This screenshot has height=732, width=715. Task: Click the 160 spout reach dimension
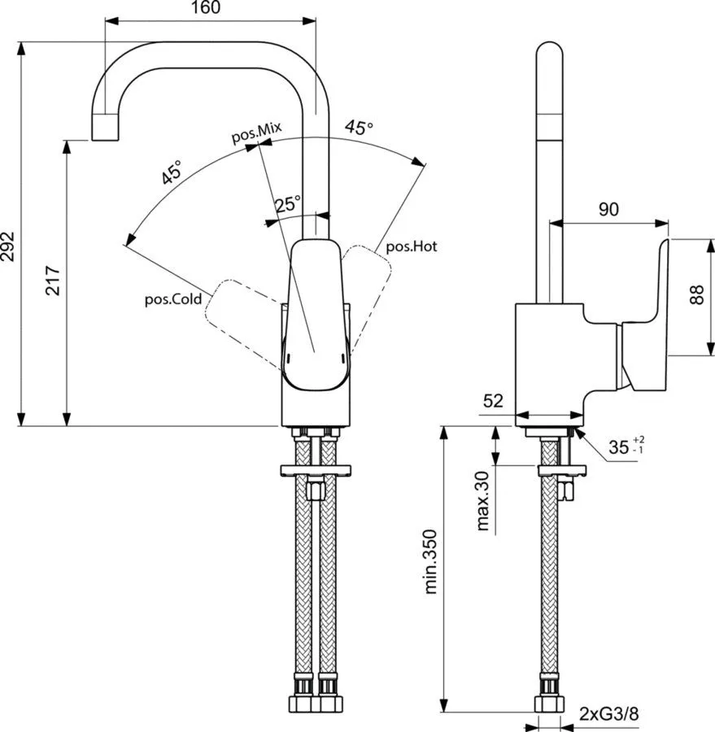[x=206, y=7]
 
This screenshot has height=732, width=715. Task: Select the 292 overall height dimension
[x=8, y=246]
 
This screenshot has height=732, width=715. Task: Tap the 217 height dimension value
[x=53, y=280]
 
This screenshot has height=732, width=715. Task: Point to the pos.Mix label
[x=256, y=133]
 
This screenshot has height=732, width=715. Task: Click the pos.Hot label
[x=412, y=246]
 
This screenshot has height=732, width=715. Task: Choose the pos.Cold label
[x=173, y=299]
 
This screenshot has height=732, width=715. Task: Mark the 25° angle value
[x=288, y=204]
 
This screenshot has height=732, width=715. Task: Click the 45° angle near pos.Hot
[x=360, y=127]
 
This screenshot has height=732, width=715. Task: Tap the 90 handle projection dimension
[x=609, y=210]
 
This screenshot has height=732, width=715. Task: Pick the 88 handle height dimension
[x=696, y=295]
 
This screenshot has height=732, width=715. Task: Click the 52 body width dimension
[x=493, y=400]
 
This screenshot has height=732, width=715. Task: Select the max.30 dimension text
[x=483, y=501]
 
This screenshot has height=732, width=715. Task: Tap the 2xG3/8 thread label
[x=608, y=714]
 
